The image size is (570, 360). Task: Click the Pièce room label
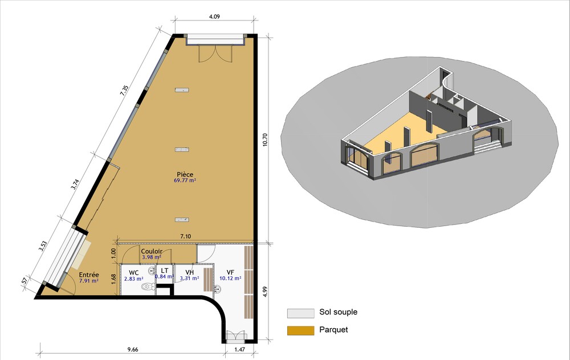[x=185, y=174]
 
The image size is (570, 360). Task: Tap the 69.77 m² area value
[x=185, y=180]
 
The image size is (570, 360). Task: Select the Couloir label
[x=152, y=251]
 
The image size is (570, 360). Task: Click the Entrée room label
[x=89, y=275]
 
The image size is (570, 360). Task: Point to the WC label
[x=133, y=273]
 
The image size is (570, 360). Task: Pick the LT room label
[x=164, y=271]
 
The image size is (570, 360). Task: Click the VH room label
[x=189, y=272]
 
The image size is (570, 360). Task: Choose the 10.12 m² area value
[x=230, y=279]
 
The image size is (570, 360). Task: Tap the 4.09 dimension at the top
[x=214, y=17]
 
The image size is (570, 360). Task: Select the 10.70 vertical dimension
[x=264, y=140]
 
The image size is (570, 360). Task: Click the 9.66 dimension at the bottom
[x=133, y=350]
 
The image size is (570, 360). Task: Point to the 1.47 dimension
[x=239, y=350]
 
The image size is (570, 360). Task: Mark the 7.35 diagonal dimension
[x=124, y=91]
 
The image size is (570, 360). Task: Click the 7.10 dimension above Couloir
[x=185, y=236]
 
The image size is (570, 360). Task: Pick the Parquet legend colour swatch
[x=300, y=330]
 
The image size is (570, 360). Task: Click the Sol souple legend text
[x=338, y=312]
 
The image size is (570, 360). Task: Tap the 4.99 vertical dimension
[x=264, y=292]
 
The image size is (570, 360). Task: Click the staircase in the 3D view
[x=488, y=145]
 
